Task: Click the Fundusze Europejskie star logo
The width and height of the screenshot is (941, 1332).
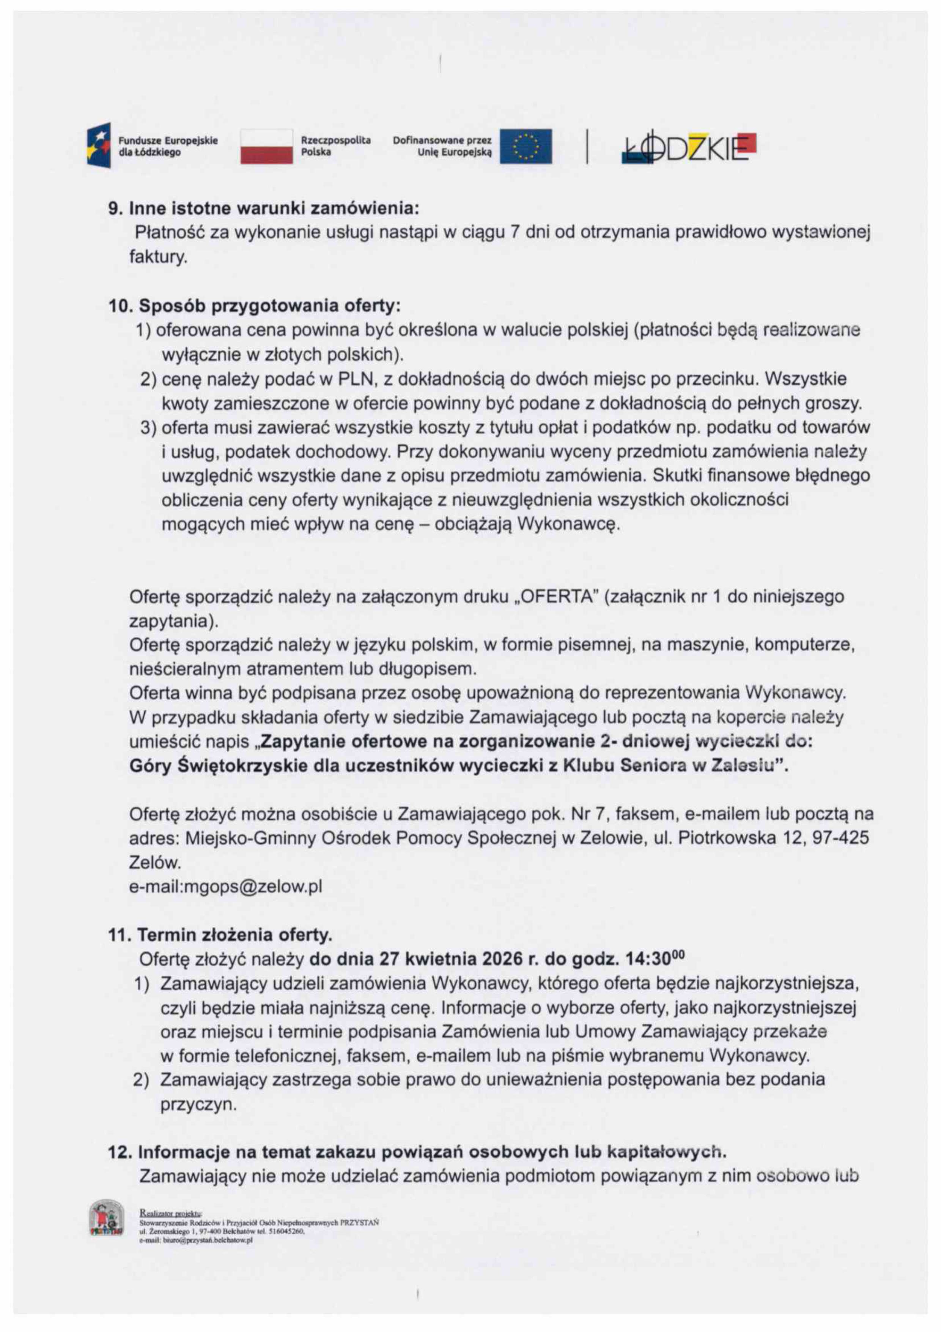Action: pyautogui.click(x=99, y=145)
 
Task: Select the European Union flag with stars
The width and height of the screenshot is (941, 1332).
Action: pyautogui.click(x=525, y=145)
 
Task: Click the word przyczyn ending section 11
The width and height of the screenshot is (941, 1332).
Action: pyautogui.click(x=198, y=1104)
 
